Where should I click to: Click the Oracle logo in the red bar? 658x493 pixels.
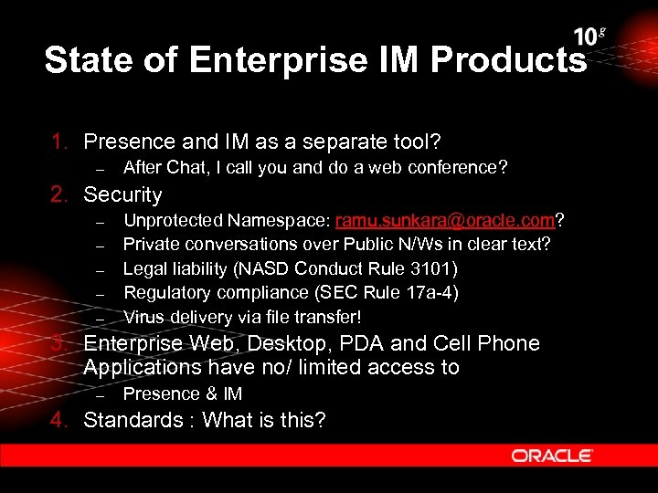[552, 456]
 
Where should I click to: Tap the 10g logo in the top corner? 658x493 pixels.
[589, 37]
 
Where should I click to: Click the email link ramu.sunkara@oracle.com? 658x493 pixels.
[446, 220]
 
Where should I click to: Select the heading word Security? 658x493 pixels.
[122, 194]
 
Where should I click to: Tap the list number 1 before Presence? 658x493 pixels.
[58, 142]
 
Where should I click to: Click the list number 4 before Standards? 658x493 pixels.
[58, 420]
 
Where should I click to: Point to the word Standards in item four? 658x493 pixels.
[133, 420]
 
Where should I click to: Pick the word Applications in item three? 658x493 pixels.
[135, 367]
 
